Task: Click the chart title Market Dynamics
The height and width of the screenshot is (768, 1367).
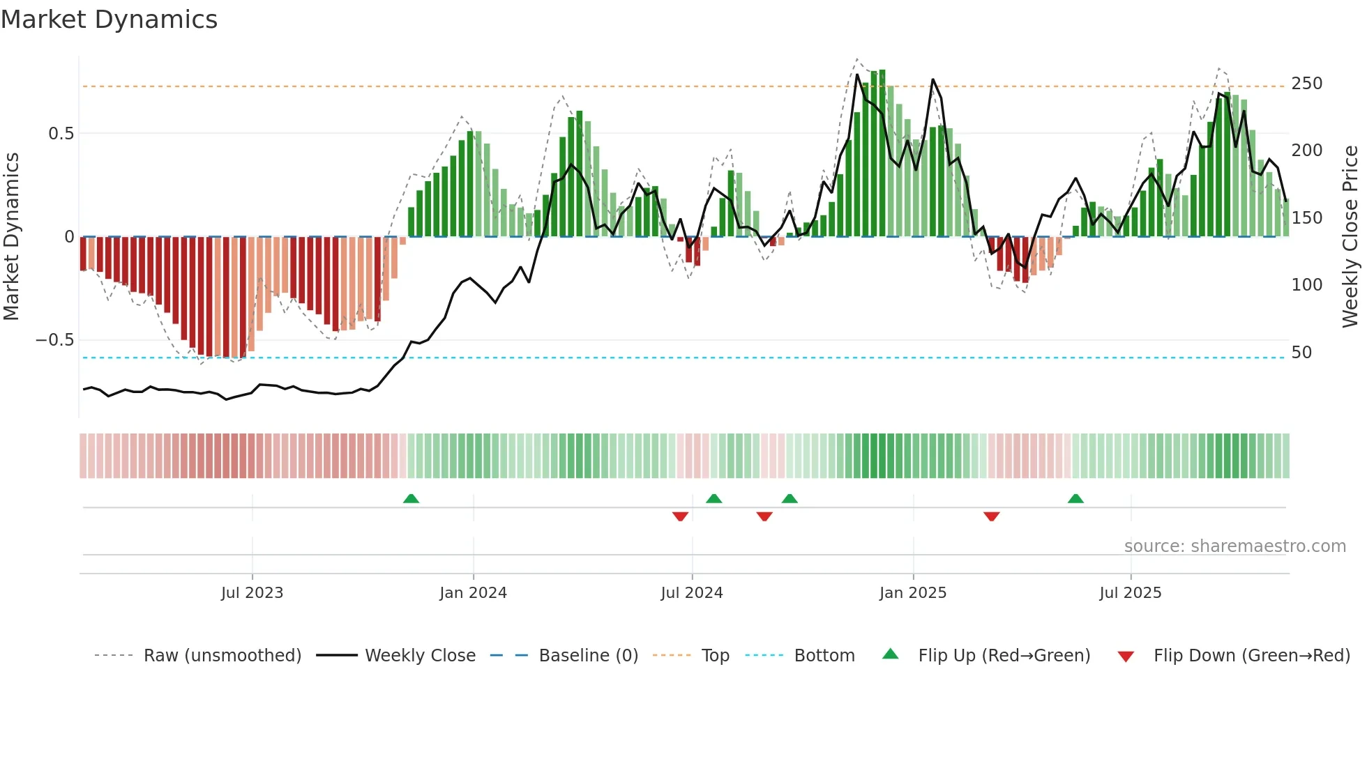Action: (109, 20)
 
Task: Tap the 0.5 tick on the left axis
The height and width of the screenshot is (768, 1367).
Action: (61, 133)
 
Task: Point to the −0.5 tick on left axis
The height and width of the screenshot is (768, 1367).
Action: (55, 340)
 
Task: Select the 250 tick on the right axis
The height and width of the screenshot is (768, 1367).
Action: (1306, 84)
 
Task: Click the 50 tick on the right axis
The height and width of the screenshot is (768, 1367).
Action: (1301, 353)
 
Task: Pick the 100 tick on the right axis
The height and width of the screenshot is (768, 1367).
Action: (1306, 285)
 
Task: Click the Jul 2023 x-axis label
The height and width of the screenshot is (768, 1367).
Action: (252, 593)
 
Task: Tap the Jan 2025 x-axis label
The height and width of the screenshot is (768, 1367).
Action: (912, 593)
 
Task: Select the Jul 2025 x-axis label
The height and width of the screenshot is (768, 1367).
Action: (1130, 593)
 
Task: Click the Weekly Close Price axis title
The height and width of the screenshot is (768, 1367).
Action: (1350, 237)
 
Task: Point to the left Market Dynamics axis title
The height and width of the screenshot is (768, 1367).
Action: (11, 237)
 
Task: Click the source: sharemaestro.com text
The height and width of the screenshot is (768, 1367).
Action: (1234, 546)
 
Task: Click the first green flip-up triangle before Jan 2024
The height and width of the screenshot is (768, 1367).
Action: (411, 499)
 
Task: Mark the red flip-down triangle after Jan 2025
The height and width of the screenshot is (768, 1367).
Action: (991, 516)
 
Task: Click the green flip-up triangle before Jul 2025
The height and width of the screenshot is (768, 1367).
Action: (1075, 499)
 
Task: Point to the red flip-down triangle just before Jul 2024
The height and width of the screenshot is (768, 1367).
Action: (680, 516)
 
